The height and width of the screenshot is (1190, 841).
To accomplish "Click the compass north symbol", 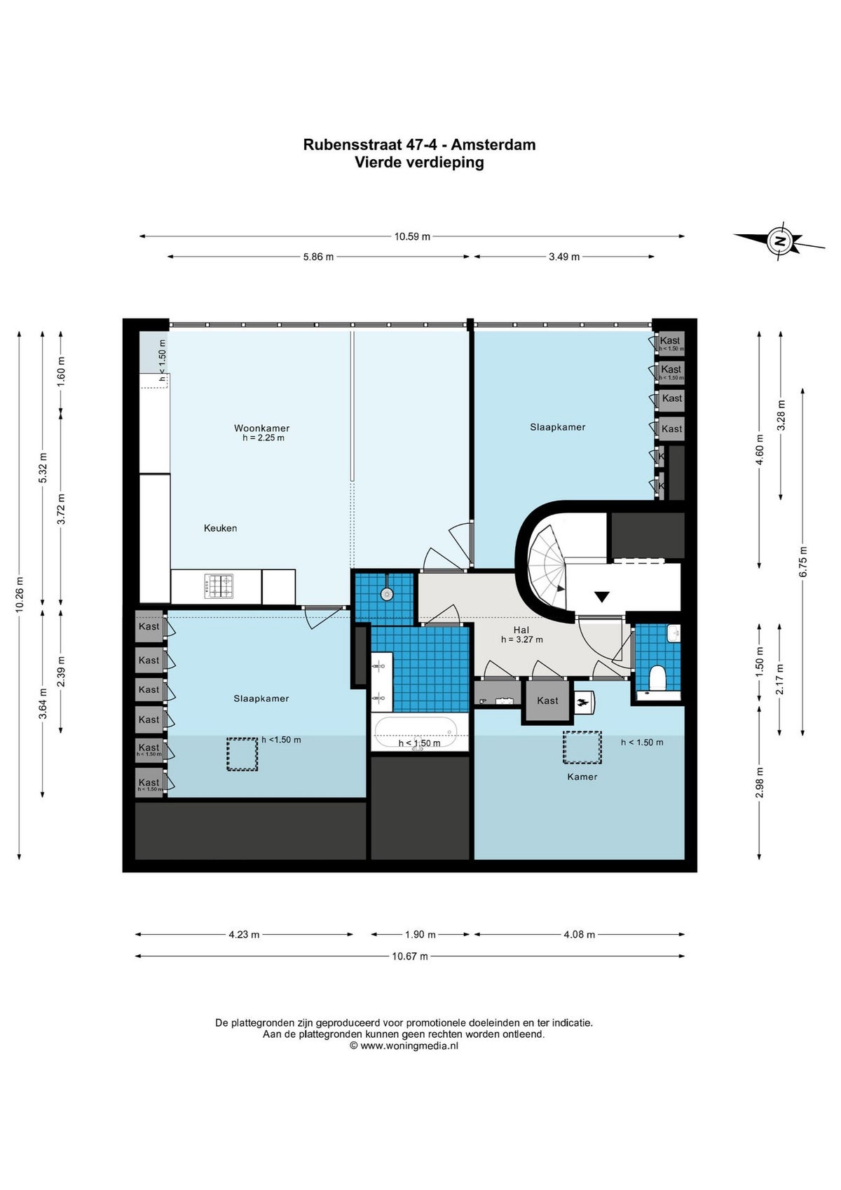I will click(779, 242).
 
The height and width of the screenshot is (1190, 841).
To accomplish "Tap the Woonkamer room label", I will click(261, 428).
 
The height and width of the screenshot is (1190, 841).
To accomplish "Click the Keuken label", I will click(220, 528).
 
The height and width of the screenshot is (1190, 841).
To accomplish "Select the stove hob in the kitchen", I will click(219, 586).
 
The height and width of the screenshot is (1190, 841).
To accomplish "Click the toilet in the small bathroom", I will click(657, 678).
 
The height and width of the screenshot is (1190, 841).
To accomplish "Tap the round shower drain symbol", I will click(387, 594).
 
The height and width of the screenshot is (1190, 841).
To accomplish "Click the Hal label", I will click(521, 630).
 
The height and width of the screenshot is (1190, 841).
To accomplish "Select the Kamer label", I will click(582, 776).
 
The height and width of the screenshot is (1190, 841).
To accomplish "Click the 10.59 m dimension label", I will click(412, 236).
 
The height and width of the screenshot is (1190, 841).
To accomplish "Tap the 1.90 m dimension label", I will click(420, 934).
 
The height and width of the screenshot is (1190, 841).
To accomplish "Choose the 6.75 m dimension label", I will click(803, 561).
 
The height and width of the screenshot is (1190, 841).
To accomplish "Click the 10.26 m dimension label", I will click(20, 595).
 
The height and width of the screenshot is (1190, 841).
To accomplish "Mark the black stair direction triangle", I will click(601, 597).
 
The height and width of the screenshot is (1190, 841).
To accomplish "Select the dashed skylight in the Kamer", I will click(582, 748).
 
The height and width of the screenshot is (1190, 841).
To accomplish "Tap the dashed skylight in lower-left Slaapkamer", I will click(242, 755).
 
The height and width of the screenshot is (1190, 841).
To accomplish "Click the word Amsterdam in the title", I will click(493, 144).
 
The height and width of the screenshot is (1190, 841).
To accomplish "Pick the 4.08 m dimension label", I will click(579, 934).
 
